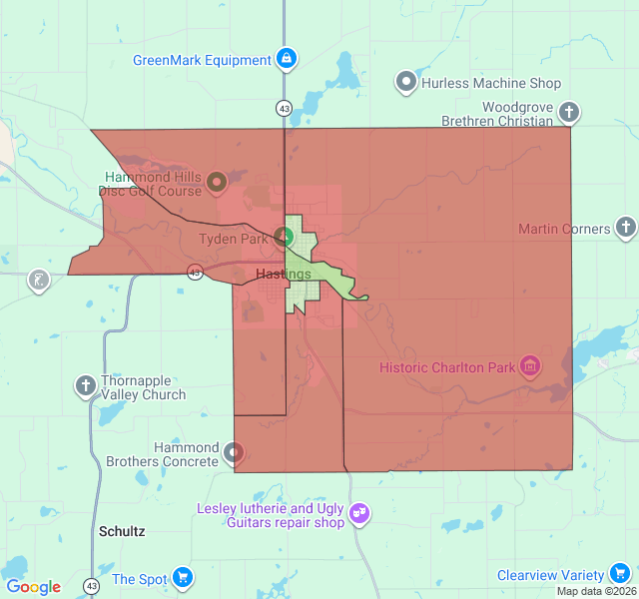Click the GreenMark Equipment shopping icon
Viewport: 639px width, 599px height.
coord(288,60)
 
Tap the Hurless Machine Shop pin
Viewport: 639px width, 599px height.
coord(406,83)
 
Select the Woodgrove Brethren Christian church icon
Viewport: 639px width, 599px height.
coord(569,111)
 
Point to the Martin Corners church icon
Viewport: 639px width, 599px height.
coord(626,229)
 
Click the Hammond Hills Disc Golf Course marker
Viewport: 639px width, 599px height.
coord(216,184)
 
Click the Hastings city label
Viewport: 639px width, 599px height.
coord(283,274)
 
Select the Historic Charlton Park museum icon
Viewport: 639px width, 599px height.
coord(531,367)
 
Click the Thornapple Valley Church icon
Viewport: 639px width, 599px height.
coord(87,385)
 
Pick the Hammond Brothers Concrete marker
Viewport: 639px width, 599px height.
coord(234,453)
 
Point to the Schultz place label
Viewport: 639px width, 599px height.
coord(122,531)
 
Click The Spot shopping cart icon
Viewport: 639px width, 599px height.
coord(182,578)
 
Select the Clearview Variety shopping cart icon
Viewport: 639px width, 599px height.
coord(619,575)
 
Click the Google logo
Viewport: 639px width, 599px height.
coord(33,587)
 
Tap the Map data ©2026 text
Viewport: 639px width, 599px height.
coord(596,591)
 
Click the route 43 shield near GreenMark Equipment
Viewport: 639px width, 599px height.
coord(285,108)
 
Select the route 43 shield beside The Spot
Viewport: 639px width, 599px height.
coord(92,586)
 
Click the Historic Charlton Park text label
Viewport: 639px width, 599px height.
coord(447,367)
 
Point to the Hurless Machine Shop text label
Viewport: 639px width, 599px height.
coord(491,83)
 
